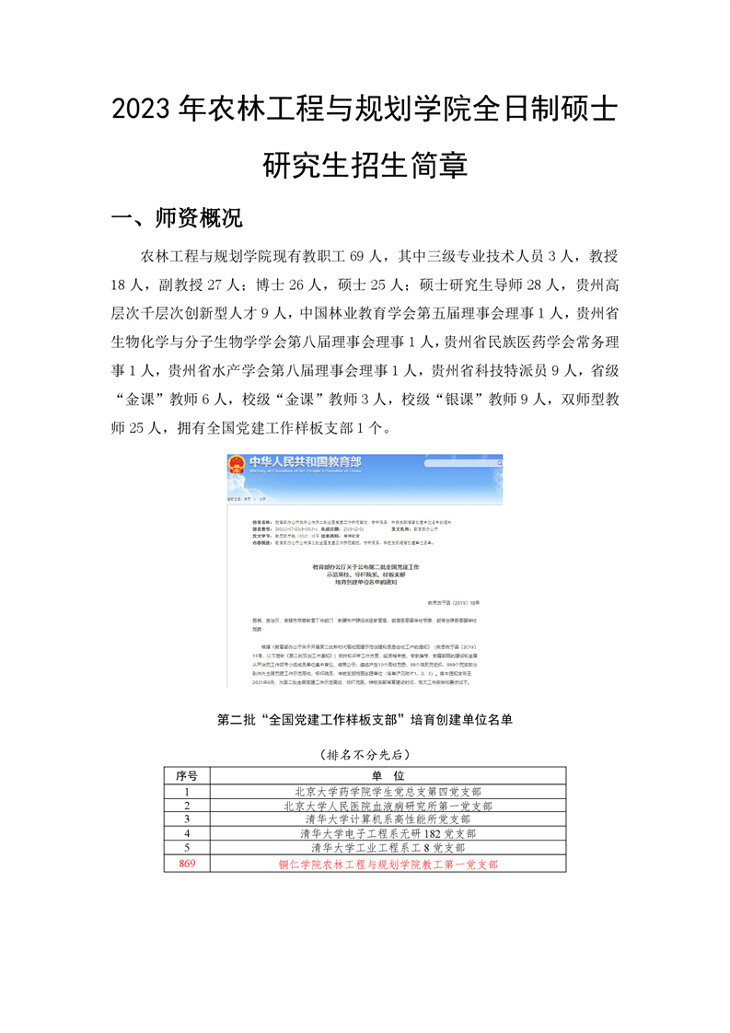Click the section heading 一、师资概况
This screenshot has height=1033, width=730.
click(x=176, y=218)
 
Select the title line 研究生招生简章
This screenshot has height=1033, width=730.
click(x=365, y=166)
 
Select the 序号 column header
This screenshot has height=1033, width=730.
click(x=187, y=776)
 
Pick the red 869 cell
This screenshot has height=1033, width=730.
click(x=187, y=864)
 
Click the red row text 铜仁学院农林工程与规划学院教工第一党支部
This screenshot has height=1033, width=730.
click(x=388, y=865)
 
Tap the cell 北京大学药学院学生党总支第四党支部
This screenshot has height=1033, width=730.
click(x=388, y=791)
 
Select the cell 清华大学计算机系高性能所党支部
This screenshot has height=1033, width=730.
click(x=388, y=818)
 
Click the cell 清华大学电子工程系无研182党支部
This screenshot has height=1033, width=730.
click(x=388, y=833)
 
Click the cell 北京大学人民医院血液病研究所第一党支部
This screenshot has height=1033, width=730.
click(x=388, y=805)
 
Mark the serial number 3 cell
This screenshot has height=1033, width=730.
click(x=187, y=818)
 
